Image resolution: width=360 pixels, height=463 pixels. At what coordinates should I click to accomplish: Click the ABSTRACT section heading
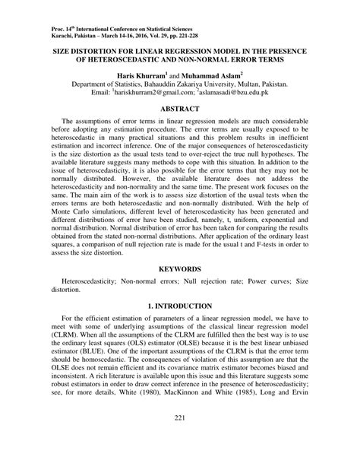[x=179, y=109]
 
